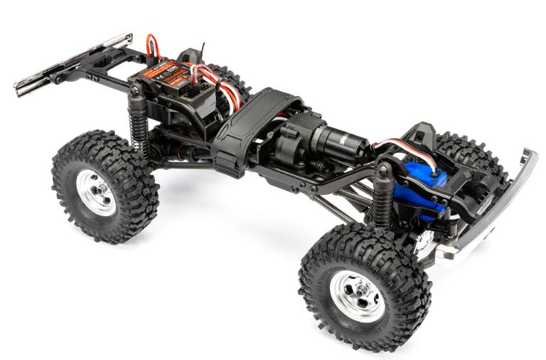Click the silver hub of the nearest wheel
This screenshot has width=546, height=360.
(x=360, y=295)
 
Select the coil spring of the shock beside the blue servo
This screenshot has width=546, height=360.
(x=382, y=206)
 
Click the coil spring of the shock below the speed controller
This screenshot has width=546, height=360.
(x=138, y=132)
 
